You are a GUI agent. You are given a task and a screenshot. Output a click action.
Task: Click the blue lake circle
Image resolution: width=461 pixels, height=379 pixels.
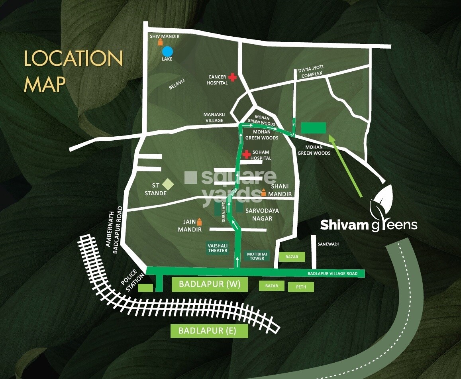point(167,52)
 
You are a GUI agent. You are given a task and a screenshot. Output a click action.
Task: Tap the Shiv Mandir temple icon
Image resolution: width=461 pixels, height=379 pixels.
point(161,42)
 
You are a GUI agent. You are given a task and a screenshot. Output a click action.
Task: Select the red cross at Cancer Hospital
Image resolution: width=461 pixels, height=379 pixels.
point(232,78)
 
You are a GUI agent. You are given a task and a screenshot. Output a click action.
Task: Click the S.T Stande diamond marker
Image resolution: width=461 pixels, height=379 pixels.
point(169,185)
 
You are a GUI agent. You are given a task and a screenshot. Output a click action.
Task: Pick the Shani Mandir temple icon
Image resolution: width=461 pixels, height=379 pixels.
point(263,192)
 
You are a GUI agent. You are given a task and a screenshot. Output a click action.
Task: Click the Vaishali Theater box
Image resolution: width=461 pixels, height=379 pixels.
point(218,247)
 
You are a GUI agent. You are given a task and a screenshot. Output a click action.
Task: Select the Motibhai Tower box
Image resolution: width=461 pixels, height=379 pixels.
point(255,255)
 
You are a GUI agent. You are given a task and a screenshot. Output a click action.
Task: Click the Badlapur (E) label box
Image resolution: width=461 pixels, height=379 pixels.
point(209,330)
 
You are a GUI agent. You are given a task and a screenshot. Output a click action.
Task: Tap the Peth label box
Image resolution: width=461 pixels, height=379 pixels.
point(301,287)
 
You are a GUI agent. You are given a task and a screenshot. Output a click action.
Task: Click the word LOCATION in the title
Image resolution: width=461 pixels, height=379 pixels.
point(73,59)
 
